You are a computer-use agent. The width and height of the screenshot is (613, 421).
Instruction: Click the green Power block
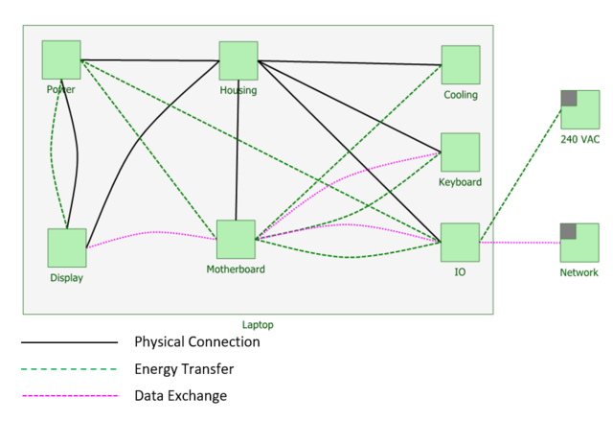61,59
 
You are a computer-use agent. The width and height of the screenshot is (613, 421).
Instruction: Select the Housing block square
238,60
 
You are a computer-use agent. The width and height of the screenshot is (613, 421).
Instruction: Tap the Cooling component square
461,64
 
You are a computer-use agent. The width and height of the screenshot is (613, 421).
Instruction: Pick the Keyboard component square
460,152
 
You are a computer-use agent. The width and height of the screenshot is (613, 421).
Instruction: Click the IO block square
460,242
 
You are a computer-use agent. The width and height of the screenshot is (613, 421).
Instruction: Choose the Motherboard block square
236,240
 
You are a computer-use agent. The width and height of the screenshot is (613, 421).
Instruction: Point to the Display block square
67,247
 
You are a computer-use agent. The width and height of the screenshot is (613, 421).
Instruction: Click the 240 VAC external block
580,109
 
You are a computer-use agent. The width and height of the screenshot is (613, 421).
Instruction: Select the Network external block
579,243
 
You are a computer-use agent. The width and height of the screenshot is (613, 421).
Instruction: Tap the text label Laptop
258,325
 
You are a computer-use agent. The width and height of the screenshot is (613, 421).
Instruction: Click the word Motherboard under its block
236,269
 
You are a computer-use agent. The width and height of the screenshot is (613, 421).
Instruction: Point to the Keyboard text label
460,182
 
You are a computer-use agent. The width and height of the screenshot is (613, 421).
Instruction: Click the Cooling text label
461,95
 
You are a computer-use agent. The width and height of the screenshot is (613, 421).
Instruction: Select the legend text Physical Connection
196,342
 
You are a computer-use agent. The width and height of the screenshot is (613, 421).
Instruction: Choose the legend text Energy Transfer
184,368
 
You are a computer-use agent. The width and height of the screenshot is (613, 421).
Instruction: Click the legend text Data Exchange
181,395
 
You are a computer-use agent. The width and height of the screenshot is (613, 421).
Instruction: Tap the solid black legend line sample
69,342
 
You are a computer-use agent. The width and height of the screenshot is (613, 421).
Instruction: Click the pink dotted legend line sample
69,395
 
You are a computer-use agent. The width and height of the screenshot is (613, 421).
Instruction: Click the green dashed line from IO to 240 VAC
521,172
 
